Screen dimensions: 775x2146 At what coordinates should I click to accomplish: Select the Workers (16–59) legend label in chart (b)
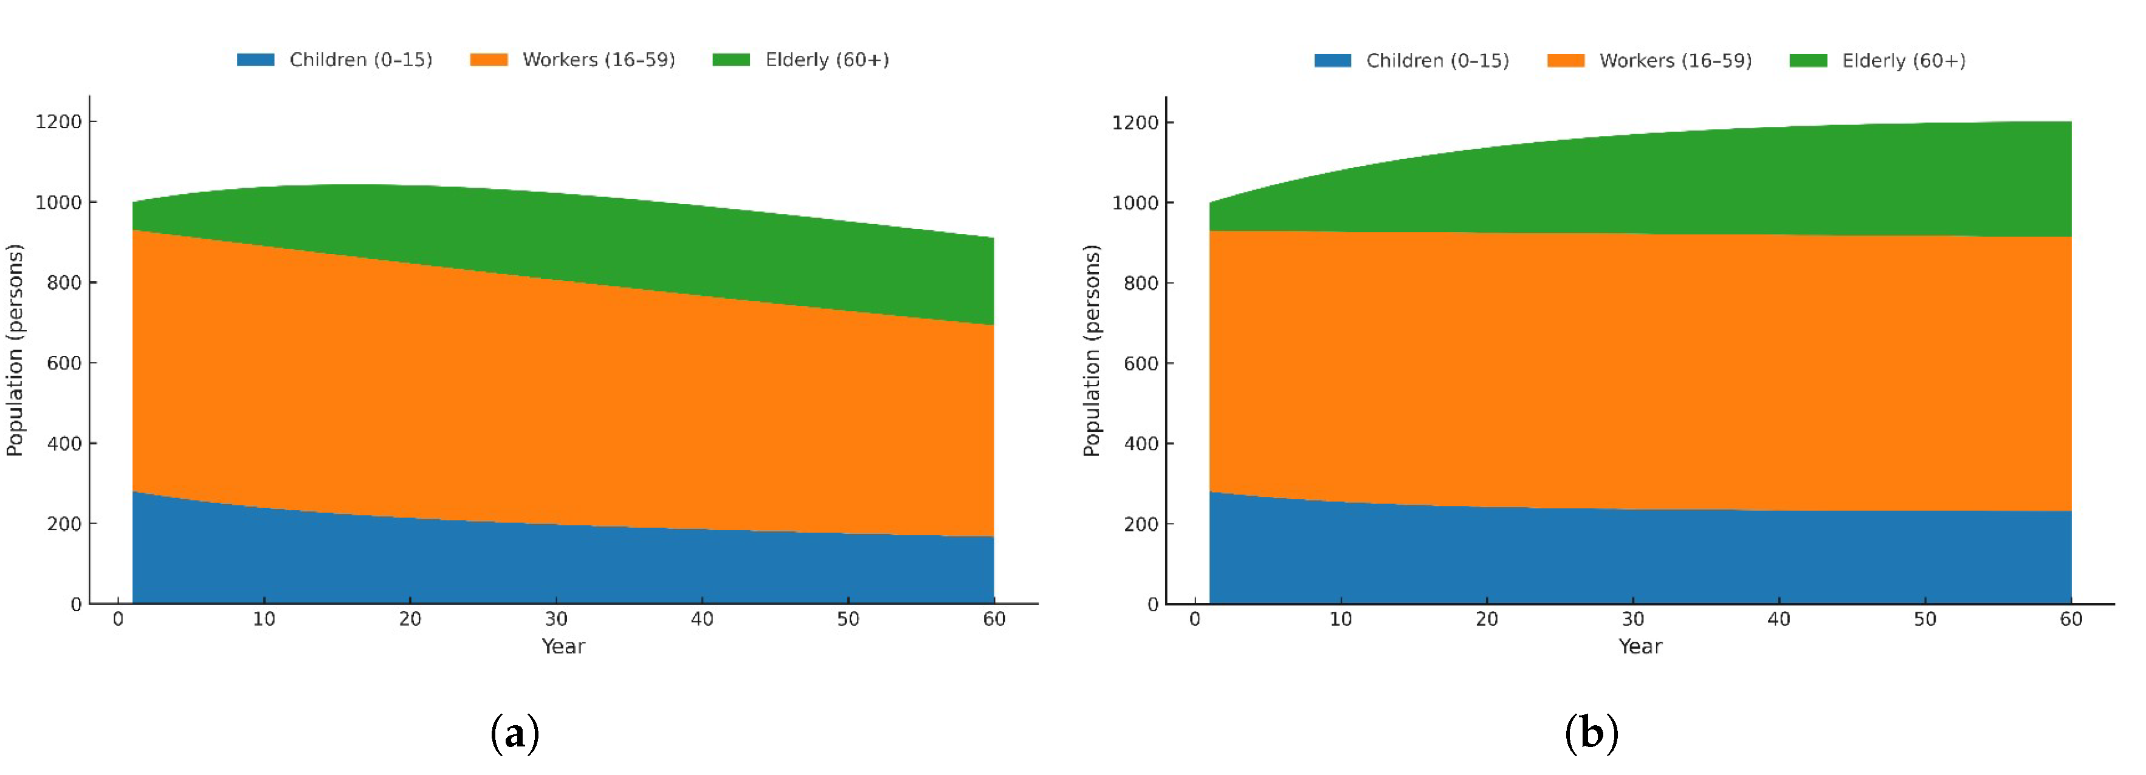tap(1676, 61)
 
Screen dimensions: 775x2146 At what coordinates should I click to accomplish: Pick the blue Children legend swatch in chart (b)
tap(1332, 61)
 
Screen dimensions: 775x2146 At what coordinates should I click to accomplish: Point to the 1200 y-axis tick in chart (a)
tap(58, 122)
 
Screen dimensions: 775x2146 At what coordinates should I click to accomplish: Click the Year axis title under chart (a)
tap(563, 647)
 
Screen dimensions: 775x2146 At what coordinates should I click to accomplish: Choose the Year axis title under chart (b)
tap(1640, 647)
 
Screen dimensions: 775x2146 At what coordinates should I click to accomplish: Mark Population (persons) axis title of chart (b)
tap(1092, 350)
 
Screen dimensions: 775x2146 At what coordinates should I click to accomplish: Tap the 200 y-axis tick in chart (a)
tap(64, 524)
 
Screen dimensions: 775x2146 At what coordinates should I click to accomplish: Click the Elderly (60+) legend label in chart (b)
tap(1904, 61)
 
